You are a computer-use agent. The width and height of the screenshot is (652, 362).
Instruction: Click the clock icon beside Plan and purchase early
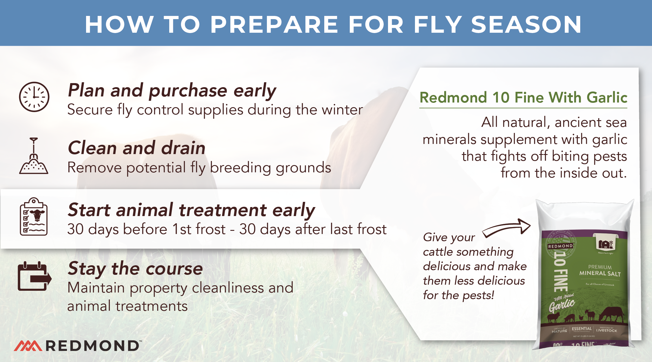pyautogui.click(x=34, y=97)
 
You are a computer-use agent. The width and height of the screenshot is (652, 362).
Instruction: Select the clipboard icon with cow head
pyautogui.click(x=34, y=217)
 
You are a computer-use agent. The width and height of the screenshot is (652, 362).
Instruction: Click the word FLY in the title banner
pyautogui.click(x=438, y=25)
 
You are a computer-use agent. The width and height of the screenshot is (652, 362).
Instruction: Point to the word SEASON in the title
pyautogui.click(x=526, y=25)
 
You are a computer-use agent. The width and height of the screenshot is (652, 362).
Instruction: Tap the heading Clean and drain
pyautogui.click(x=136, y=148)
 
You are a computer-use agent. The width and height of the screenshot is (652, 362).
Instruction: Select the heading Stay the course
pyautogui.click(x=135, y=268)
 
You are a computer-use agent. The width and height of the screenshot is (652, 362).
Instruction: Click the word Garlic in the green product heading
pyautogui.click(x=607, y=97)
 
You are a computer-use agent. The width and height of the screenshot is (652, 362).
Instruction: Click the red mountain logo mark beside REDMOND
pyautogui.click(x=28, y=346)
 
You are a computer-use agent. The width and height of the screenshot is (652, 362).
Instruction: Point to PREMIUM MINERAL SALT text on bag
pyautogui.click(x=600, y=270)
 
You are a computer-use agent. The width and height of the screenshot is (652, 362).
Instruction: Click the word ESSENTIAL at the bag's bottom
pyautogui.click(x=582, y=329)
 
